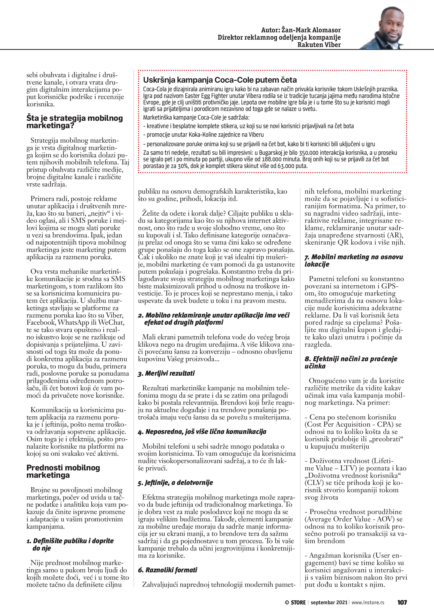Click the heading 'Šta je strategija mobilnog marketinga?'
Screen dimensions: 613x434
coord(75,122)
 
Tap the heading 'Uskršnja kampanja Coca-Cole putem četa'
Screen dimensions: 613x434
coord(220,80)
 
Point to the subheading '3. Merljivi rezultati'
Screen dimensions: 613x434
coord(166,373)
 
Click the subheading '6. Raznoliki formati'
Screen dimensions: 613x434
coord(168,570)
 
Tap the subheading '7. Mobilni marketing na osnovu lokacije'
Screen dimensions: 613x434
coord(354,261)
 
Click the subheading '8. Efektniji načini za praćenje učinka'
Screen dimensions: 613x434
coord(351,362)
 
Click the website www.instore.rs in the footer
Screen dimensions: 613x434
coord(368,602)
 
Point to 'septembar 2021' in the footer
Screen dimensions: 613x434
coord(329,602)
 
